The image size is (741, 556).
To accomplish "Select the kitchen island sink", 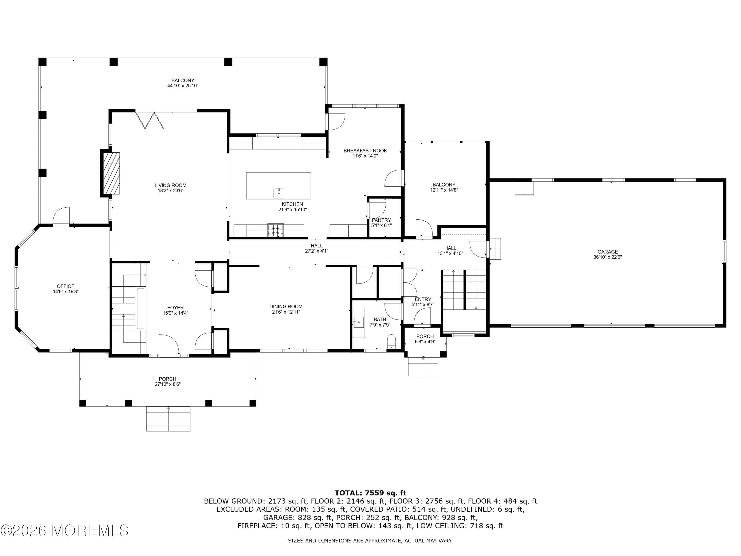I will tap(278, 193).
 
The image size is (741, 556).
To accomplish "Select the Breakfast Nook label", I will tap(365, 151).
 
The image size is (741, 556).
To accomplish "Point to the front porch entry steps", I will tap(168, 419).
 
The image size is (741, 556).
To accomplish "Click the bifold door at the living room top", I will tap(149, 120).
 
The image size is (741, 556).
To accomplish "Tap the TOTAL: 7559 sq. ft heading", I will tap(370, 493).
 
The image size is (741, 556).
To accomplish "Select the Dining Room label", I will tap(286, 306).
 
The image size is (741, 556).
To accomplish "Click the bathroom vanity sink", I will tap(358, 323).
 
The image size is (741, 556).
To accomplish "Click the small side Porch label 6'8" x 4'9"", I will tap(425, 339).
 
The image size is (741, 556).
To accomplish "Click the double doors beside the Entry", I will tap(409, 282).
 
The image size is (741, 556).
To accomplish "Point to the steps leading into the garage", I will tap(495, 249).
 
